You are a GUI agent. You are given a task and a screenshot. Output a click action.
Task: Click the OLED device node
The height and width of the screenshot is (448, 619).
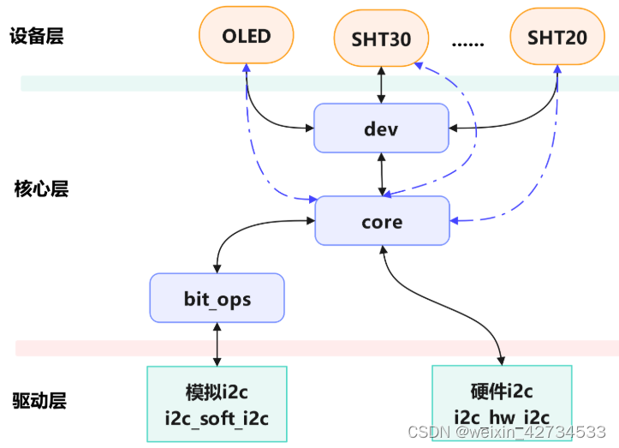point(247,37)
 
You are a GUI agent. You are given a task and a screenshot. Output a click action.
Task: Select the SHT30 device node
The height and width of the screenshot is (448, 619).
point(381,39)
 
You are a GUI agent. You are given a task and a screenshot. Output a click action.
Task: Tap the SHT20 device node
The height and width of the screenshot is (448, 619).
point(557,37)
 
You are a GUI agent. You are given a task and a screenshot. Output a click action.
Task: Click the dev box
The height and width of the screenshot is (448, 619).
point(381,129)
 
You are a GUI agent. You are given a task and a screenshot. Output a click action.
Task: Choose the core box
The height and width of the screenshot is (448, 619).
point(381,221)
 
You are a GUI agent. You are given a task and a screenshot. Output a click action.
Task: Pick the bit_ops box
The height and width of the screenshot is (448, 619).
point(217,298)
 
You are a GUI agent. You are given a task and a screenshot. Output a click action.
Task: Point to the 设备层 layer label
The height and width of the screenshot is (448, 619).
point(37,37)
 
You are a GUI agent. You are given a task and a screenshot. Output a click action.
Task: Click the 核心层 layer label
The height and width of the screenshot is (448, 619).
point(40,189)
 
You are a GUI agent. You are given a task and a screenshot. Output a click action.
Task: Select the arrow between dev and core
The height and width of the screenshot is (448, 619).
point(381,175)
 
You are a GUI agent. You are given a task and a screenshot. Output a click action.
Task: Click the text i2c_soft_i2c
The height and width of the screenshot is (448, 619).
point(217,418)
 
